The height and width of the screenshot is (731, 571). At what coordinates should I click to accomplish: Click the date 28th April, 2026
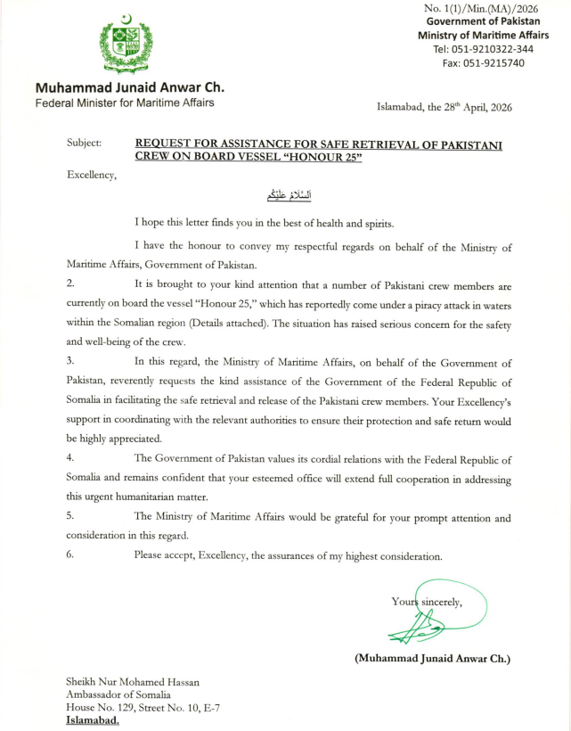pos(471,108)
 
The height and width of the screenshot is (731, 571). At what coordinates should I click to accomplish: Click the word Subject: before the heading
pos(84,143)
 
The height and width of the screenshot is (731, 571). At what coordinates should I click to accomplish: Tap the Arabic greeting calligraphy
pos(284,196)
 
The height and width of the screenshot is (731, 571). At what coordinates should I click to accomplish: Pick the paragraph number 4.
pos(70,459)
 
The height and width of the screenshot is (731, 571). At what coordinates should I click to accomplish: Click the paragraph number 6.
pos(70,555)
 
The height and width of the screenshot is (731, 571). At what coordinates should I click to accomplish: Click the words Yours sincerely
pos(427,602)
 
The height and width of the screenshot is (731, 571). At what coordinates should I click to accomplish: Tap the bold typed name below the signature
pos(432,659)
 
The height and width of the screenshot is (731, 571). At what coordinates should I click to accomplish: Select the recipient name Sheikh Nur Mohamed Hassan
pos(133,682)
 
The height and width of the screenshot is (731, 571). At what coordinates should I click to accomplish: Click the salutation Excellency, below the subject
pos(92,175)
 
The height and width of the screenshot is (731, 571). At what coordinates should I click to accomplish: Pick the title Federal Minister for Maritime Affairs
pos(124,103)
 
